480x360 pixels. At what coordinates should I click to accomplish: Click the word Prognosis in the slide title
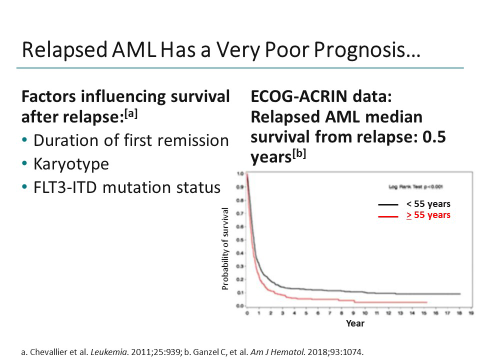pos(370,50)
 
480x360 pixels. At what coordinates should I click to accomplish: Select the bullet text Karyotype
pos(71,164)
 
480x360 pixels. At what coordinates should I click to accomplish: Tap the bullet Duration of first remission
pos(131,140)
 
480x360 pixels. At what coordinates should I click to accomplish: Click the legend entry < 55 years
pos(428,204)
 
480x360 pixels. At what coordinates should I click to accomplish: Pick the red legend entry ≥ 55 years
pos(428,215)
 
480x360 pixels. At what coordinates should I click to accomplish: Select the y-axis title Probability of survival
pos(225,248)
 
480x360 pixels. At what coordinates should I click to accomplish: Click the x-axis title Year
pos(355,323)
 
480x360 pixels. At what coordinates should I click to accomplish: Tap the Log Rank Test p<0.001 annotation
pos(414,186)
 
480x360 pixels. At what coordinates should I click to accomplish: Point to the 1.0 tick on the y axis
pos(240,173)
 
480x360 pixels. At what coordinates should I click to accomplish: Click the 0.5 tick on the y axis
pos(240,239)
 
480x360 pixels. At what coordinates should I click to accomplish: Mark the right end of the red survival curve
pos(426,302)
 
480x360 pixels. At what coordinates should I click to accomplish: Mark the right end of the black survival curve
pos(459,294)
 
